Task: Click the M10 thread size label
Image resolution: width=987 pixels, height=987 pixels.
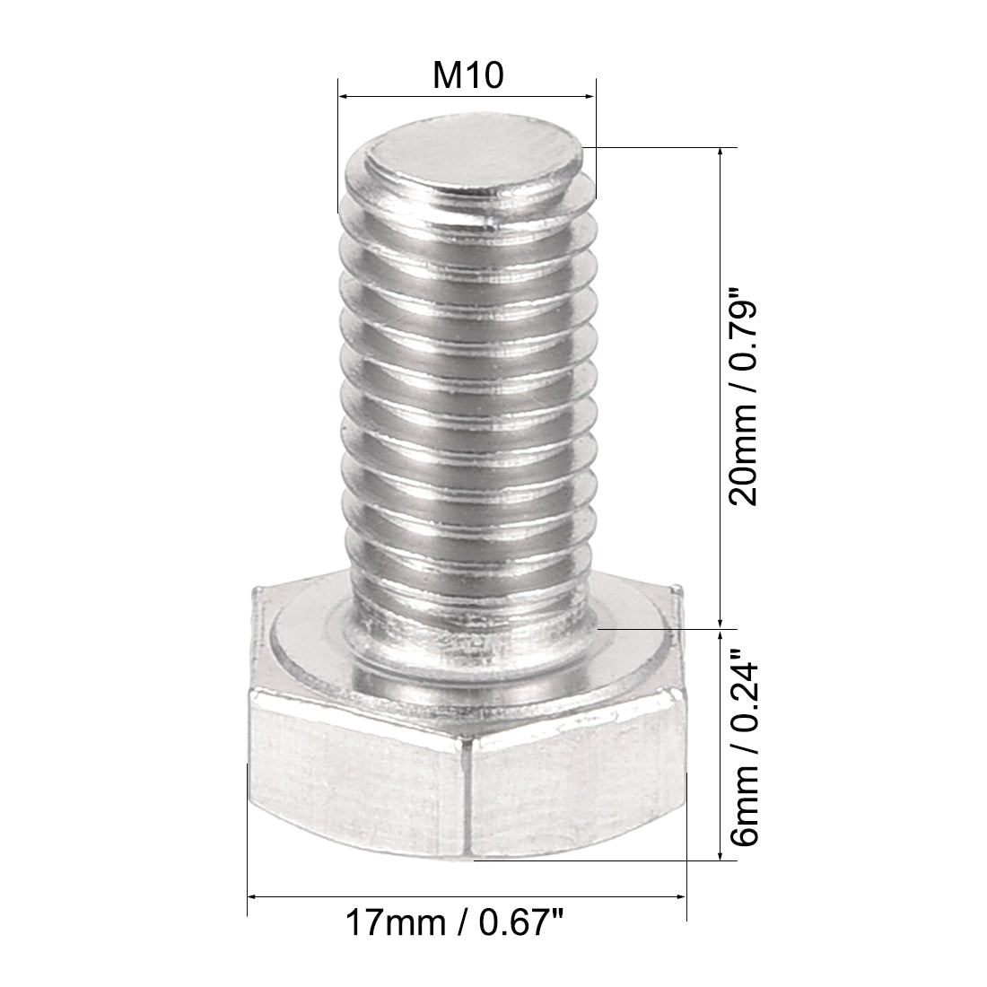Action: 467,76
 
